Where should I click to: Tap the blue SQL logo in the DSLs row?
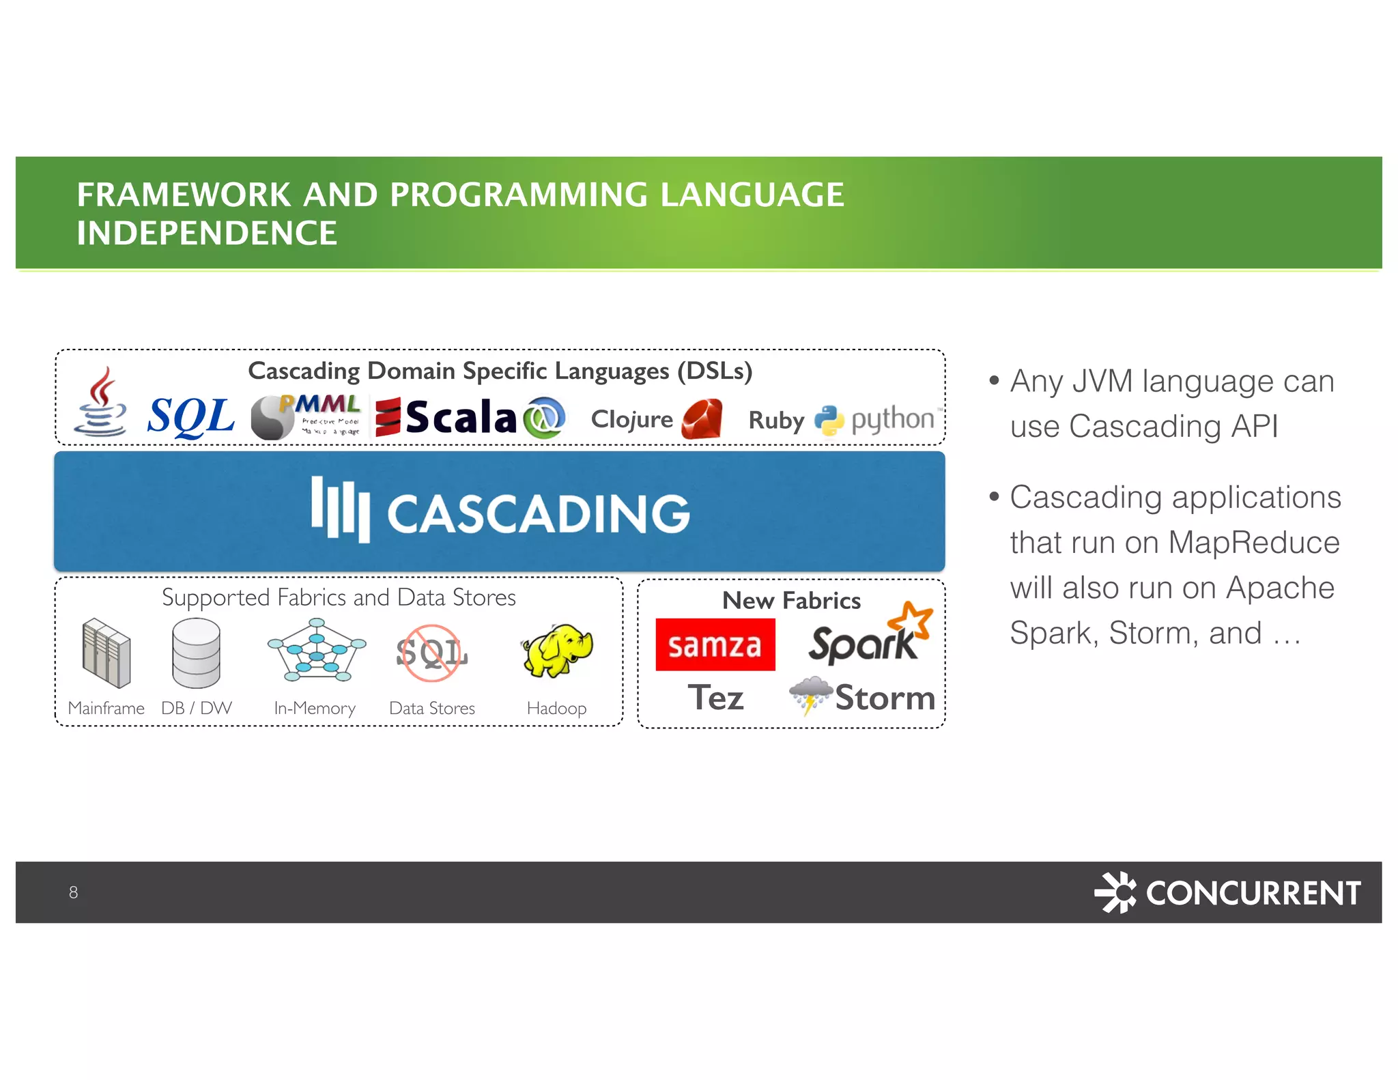click(190, 416)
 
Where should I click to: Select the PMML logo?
click(307, 416)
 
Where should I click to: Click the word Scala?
click(461, 417)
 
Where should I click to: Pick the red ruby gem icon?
click(702, 418)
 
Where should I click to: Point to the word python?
click(892, 419)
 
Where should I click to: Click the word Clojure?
click(631, 419)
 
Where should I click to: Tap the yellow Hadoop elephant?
click(557, 650)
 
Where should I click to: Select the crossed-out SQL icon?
click(431, 653)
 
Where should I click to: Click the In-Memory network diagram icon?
click(316, 650)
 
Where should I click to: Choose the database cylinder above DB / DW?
click(196, 653)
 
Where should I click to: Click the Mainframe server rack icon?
click(106, 653)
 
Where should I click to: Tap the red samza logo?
click(715, 644)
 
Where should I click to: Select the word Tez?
click(715, 698)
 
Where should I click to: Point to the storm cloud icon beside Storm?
click(810, 695)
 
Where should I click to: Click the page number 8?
click(73, 892)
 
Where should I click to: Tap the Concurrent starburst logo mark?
click(1115, 892)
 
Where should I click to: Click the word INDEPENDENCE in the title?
click(207, 233)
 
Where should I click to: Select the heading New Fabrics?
click(791, 601)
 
